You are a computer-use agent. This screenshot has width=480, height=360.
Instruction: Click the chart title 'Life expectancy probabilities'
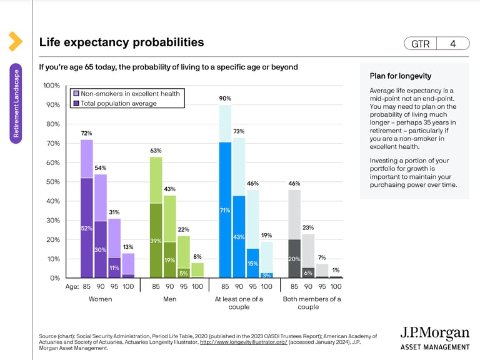pos(121,42)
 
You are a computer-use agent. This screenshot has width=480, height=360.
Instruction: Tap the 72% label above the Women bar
pos(87,133)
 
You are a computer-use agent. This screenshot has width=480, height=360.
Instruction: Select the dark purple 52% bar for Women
pos(87,228)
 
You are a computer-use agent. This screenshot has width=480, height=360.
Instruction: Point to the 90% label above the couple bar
pos(225,99)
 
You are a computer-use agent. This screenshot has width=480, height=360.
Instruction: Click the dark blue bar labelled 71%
pos(225,211)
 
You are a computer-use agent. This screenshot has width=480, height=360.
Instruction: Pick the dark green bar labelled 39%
pos(156,241)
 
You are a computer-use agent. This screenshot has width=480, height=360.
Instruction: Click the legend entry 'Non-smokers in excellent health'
pos(130,94)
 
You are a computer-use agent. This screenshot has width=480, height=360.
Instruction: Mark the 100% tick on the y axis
pos(51,86)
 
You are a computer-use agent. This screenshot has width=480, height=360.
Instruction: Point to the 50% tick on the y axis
pos(53,182)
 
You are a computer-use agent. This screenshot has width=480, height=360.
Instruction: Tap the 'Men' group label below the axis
pos(169,299)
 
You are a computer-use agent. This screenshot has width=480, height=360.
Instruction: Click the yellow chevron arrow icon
pos(14,41)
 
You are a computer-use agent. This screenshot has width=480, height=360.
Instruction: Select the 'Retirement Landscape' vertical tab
pos(16,104)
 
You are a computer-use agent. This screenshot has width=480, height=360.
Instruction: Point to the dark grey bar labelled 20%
pos(294,258)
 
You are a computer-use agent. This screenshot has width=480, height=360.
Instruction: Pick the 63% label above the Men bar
pos(156,151)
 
